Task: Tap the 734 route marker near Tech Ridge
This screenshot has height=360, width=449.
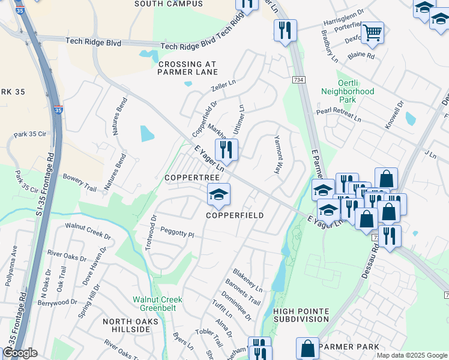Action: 298,80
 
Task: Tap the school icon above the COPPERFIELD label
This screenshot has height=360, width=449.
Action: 218,194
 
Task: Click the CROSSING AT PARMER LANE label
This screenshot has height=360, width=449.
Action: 186,68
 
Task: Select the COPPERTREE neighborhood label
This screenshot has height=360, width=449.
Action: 187,179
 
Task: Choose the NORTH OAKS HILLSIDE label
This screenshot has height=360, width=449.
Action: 130,326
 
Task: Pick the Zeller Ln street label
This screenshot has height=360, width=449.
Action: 223,87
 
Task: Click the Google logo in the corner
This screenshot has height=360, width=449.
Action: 20,353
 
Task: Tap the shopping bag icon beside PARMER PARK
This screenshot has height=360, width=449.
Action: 307,348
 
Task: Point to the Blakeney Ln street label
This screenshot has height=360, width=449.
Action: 248,280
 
